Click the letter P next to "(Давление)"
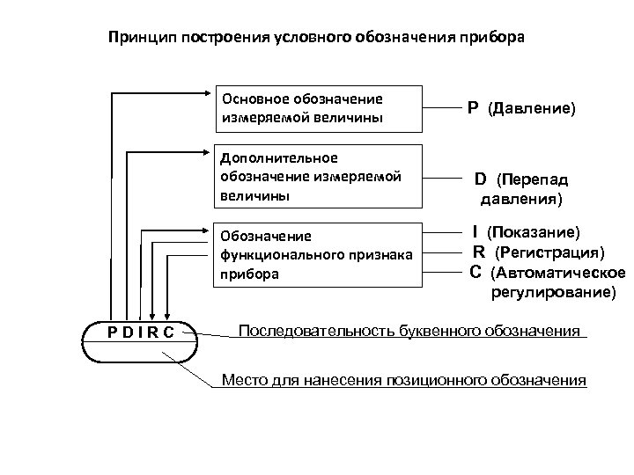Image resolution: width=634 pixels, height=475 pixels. [x=473, y=107]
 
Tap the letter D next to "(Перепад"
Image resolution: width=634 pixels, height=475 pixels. [x=481, y=179]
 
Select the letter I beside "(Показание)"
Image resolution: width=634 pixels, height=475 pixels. [x=475, y=232]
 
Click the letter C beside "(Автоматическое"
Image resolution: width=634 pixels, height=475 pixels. [x=475, y=272]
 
